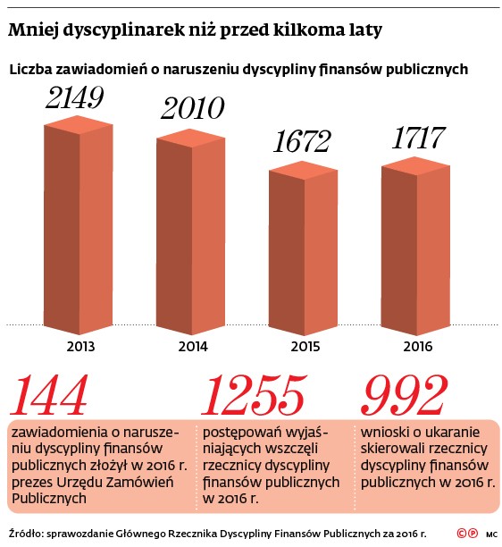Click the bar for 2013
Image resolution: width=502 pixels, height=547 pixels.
click(x=79, y=225)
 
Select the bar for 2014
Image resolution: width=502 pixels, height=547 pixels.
click(x=190, y=232)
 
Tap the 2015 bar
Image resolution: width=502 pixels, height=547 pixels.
click(x=303, y=248)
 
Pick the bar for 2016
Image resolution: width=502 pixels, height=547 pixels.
click(x=415, y=246)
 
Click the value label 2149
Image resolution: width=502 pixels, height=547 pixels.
click(x=75, y=97)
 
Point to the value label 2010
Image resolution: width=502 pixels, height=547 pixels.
click(x=192, y=108)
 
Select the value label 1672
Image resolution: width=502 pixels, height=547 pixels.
click(x=302, y=141)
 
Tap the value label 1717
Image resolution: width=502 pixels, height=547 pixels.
click(x=419, y=138)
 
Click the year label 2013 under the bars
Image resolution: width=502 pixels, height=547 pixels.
click(x=80, y=347)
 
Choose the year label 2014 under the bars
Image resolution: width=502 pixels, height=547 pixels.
click(x=193, y=347)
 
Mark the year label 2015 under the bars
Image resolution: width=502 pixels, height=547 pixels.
click(x=305, y=347)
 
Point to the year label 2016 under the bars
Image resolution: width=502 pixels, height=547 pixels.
click(x=418, y=347)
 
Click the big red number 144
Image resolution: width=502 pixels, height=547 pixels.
click(x=49, y=395)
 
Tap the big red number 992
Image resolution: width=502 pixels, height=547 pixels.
click(x=404, y=395)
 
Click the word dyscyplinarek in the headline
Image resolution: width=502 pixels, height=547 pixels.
click(x=123, y=30)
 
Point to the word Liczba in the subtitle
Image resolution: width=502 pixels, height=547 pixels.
click(x=31, y=69)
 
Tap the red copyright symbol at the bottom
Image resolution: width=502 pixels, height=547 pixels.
click(x=462, y=534)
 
